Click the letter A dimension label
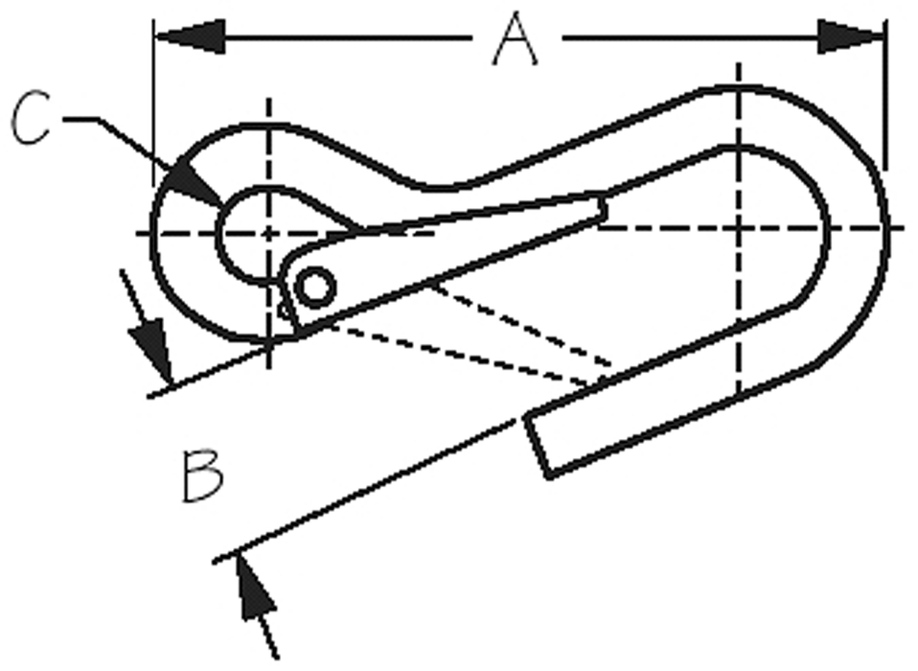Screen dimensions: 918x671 point(516,38)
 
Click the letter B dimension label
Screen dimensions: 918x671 point(202,476)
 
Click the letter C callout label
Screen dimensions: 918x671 point(31,117)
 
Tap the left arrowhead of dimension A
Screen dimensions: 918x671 point(190,36)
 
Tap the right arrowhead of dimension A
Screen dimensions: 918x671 point(851,36)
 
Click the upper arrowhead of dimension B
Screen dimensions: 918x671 point(152,351)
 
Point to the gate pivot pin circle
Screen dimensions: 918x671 point(315,288)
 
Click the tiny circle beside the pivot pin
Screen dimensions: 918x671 point(286,311)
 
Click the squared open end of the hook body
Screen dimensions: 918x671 point(538,445)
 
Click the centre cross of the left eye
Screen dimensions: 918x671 point(268,233)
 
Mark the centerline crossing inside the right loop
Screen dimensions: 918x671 point(739,227)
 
